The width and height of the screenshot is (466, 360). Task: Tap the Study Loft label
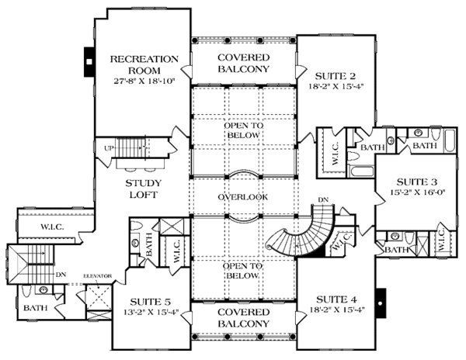(x=142, y=189)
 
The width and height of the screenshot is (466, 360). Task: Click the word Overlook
(x=243, y=197)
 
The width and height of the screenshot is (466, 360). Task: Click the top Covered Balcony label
(x=243, y=63)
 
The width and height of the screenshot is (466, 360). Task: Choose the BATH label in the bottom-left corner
(x=34, y=307)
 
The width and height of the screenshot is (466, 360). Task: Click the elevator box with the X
(x=99, y=298)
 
